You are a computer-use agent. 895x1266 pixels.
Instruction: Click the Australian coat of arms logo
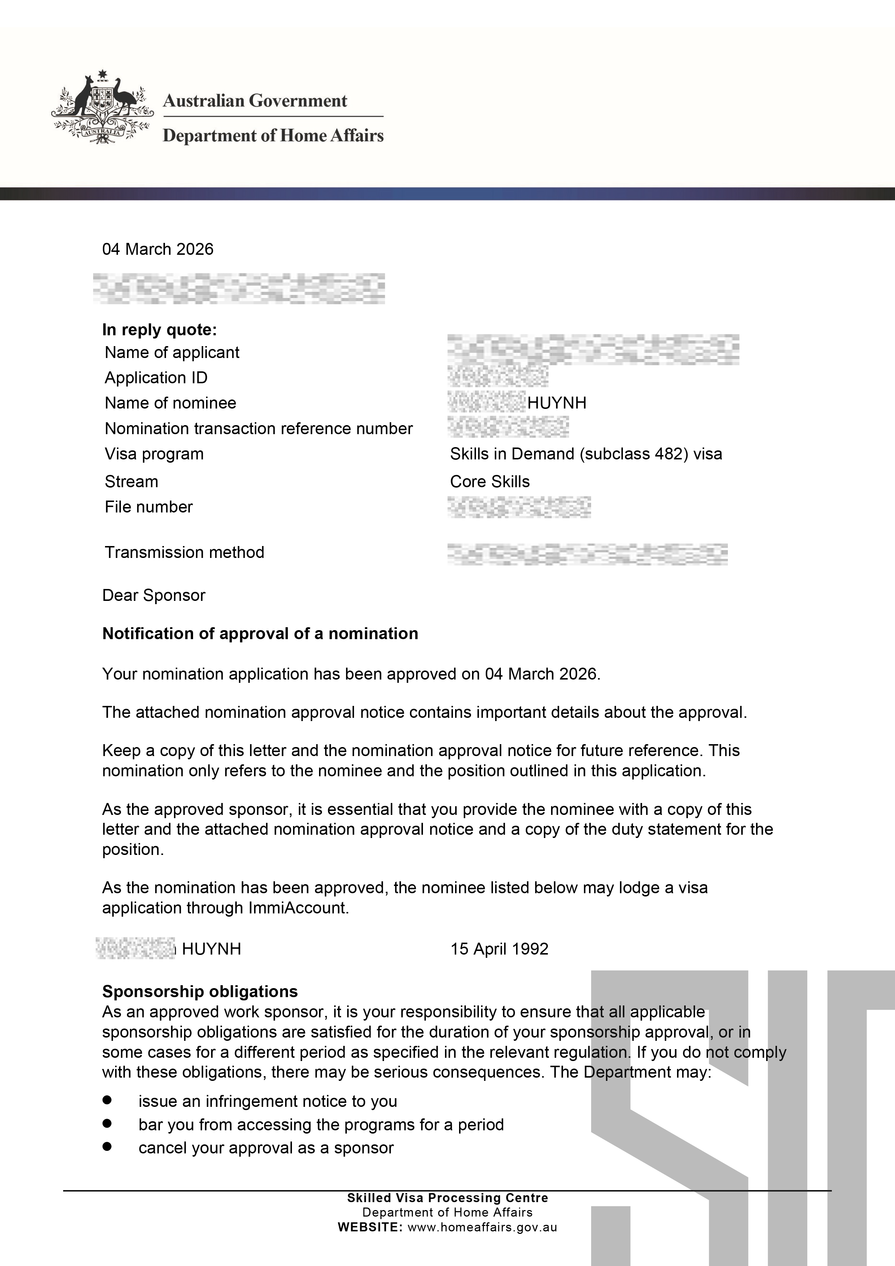pyautogui.click(x=102, y=107)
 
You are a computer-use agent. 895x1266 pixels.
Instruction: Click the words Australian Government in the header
pyautogui.click(x=255, y=101)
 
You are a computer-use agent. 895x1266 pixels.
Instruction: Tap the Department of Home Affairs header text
pyautogui.click(x=273, y=136)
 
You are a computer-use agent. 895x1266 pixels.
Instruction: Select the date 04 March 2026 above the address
pyautogui.click(x=158, y=249)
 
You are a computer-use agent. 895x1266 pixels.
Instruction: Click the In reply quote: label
pyautogui.click(x=160, y=330)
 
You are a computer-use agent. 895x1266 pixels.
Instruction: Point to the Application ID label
pyautogui.click(x=156, y=378)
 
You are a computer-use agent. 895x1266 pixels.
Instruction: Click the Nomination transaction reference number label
pyautogui.click(x=259, y=428)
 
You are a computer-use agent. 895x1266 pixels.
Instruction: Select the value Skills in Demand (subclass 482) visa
pyautogui.click(x=586, y=454)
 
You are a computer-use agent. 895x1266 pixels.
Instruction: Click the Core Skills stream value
pyautogui.click(x=490, y=481)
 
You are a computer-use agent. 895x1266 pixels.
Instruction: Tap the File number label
pyautogui.click(x=149, y=507)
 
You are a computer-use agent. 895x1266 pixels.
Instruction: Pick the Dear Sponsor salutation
pyautogui.click(x=154, y=595)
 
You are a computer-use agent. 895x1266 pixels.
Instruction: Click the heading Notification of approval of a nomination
pyautogui.click(x=260, y=634)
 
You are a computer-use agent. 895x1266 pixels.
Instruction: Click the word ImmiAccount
pyautogui.click(x=298, y=908)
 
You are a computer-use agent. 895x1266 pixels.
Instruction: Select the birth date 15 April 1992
pyautogui.click(x=499, y=949)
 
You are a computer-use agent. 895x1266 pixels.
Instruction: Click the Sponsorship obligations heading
pyautogui.click(x=200, y=991)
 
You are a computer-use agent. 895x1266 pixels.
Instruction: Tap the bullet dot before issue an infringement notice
pyautogui.click(x=107, y=1100)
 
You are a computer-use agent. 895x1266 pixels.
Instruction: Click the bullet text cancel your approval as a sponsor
pyautogui.click(x=266, y=1148)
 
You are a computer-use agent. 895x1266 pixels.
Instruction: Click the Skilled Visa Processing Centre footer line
pyautogui.click(x=447, y=1198)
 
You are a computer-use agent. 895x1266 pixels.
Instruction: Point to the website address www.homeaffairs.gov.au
pyautogui.click(x=482, y=1227)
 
